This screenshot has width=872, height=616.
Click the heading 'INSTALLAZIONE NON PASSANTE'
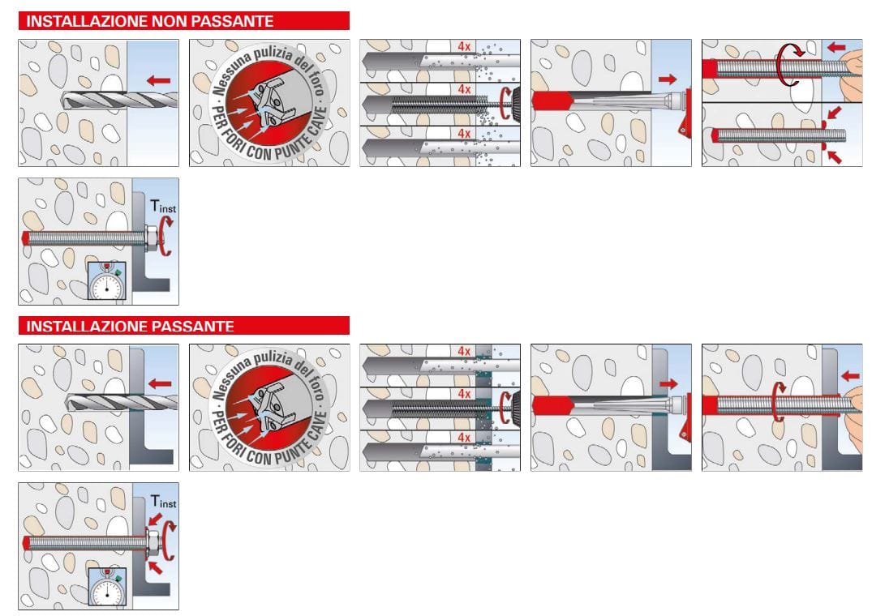[x=150, y=21]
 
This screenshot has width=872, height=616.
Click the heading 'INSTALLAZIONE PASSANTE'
[x=131, y=327]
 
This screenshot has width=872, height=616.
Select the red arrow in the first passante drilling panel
[x=160, y=383]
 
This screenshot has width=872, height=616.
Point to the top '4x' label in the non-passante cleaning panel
[x=464, y=47]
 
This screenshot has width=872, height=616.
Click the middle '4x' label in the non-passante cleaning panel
[x=464, y=88]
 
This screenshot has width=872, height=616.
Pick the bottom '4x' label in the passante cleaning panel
[x=464, y=438]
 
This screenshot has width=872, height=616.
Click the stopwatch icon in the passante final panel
[x=107, y=587]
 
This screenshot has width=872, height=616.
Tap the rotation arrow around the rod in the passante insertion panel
[x=779, y=402]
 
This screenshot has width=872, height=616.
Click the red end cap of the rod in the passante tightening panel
[x=26, y=541]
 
